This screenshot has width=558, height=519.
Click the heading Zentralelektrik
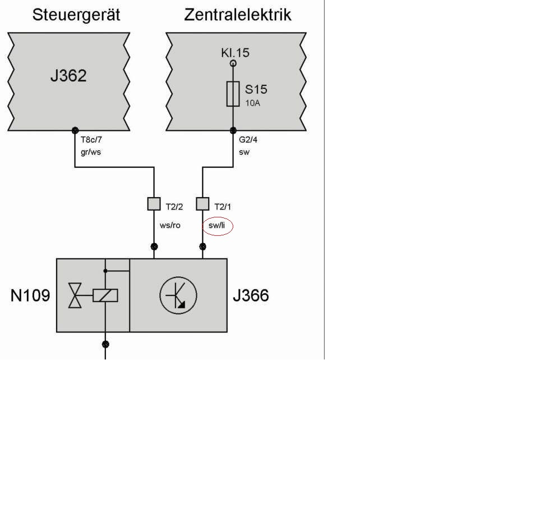(x=238, y=15)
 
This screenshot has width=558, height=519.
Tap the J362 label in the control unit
(x=68, y=76)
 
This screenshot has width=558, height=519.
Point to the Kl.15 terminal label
(x=235, y=53)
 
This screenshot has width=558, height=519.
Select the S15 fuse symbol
(x=233, y=94)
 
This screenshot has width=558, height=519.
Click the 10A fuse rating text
(x=252, y=103)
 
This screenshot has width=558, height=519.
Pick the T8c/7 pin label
(x=91, y=140)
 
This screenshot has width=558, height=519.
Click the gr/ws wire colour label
(x=90, y=152)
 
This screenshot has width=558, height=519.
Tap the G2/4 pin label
(x=248, y=140)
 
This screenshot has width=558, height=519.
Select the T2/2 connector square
(x=154, y=203)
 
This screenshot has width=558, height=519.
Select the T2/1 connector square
(x=202, y=203)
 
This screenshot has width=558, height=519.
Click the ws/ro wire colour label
(x=170, y=226)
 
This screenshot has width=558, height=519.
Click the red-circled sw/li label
(x=217, y=226)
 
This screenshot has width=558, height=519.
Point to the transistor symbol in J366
(x=178, y=295)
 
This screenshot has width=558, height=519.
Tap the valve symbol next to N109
(x=75, y=295)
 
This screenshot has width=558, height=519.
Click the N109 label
(x=30, y=295)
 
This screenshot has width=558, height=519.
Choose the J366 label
(x=251, y=295)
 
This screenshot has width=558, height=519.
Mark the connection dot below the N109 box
(x=105, y=344)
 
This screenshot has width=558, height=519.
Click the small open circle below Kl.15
(x=233, y=63)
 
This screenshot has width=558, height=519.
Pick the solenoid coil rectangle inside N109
(x=105, y=295)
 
